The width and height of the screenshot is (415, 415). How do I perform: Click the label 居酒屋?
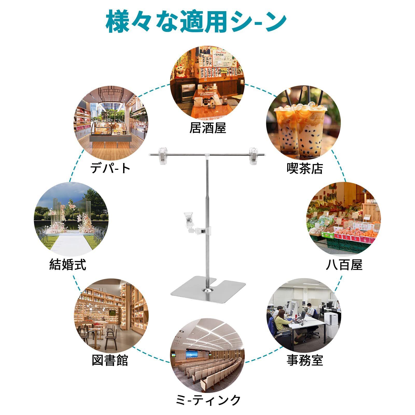(208, 128)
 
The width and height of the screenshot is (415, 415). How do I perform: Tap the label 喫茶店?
(305, 168)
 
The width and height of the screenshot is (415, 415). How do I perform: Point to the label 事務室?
(305, 360)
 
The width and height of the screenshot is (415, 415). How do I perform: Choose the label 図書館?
(110, 360)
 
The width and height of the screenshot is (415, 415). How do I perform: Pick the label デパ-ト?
(110, 168)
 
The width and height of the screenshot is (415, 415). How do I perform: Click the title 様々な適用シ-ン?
(196, 21)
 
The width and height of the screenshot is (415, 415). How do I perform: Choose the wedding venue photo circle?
(71, 219)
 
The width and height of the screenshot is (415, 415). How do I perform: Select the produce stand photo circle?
(344, 219)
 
